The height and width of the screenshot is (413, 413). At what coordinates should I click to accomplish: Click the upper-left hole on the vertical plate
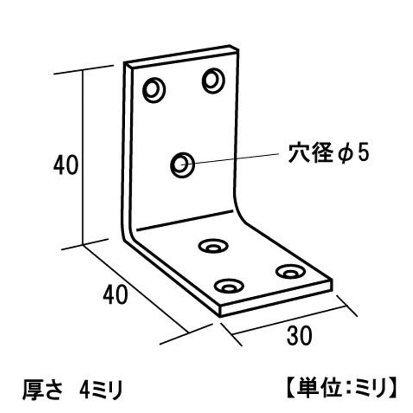[154, 90]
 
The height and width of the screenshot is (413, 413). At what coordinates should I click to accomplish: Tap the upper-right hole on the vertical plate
[213, 81]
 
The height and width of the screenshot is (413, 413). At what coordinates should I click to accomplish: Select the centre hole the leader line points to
[182, 165]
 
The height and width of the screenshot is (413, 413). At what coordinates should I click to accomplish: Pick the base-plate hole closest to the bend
[213, 246]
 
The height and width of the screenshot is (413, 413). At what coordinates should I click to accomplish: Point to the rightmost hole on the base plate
[291, 272]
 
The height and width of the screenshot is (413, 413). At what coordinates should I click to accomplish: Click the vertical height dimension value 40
[66, 165]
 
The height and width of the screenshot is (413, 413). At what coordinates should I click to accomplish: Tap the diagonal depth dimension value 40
[115, 294]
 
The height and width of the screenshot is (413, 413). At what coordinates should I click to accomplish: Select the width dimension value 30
[299, 336]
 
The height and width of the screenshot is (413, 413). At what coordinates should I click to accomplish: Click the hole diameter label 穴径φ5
[329, 153]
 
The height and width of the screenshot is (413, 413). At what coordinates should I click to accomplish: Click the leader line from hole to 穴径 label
[230, 159]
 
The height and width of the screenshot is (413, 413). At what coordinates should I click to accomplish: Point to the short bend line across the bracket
[185, 220]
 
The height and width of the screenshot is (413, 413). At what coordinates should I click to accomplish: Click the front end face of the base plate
[276, 298]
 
